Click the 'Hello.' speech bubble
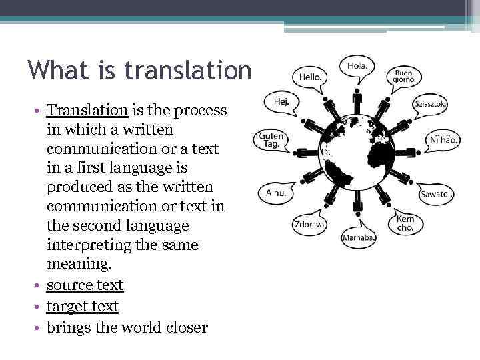310,77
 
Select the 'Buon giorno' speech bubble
404,76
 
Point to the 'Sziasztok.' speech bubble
430,104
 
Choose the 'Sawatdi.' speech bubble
436,194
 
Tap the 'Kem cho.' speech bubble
405,223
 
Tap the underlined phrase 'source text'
85,285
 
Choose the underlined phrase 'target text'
82,306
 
